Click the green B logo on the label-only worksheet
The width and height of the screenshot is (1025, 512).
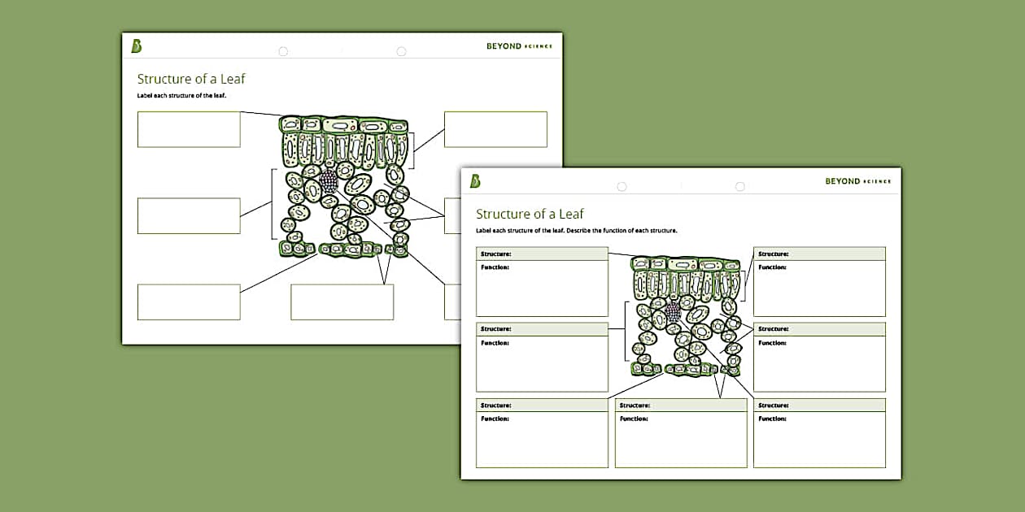click(137, 46)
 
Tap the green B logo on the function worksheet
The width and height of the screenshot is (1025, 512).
click(475, 181)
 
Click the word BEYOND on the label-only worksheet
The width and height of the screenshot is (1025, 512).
click(504, 46)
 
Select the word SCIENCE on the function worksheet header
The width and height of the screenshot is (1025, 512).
click(877, 181)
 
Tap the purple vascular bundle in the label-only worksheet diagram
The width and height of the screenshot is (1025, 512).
click(328, 180)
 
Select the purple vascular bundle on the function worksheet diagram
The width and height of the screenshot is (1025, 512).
click(673, 310)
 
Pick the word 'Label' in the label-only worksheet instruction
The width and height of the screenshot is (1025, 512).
click(146, 96)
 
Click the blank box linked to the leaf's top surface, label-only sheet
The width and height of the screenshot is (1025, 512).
click(189, 129)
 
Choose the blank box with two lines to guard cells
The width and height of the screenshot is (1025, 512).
click(342, 302)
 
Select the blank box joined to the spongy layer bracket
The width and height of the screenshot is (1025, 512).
click(189, 215)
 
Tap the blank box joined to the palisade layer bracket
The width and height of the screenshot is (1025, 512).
click(495, 129)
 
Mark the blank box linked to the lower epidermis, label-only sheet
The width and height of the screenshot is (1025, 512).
click(189, 302)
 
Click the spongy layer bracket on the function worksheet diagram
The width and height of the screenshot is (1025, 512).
click(625, 331)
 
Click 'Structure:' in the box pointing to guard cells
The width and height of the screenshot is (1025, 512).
click(635, 406)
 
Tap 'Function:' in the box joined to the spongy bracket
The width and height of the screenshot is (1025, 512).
click(495, 343)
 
